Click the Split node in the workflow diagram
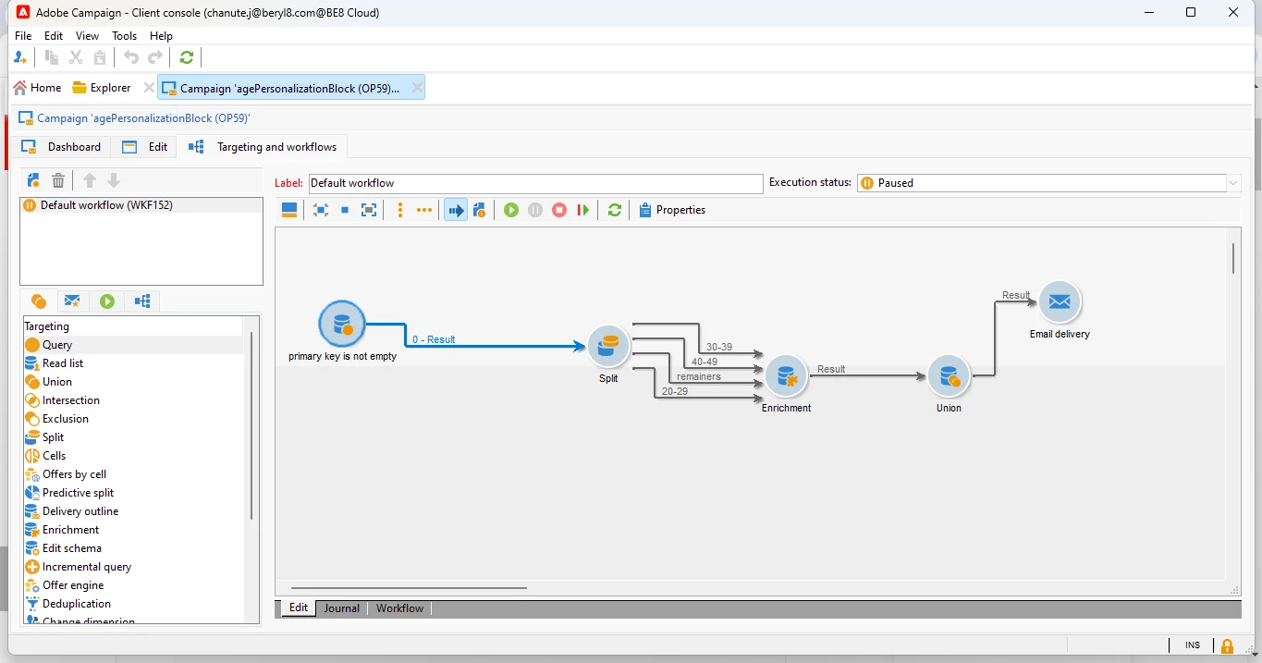608,346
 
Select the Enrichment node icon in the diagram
786,375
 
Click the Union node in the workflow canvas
949,375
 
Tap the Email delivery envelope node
1060,301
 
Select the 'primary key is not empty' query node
341,324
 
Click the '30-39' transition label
719,347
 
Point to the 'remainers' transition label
699,376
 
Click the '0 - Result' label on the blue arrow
434,339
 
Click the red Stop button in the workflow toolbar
558,210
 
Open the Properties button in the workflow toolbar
672,210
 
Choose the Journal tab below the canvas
341,608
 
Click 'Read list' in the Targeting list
63,363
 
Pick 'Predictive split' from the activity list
78,493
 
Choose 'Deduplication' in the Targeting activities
76,604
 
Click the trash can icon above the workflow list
58,181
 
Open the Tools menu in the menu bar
124,36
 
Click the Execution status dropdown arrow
1232,183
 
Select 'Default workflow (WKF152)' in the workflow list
106,205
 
